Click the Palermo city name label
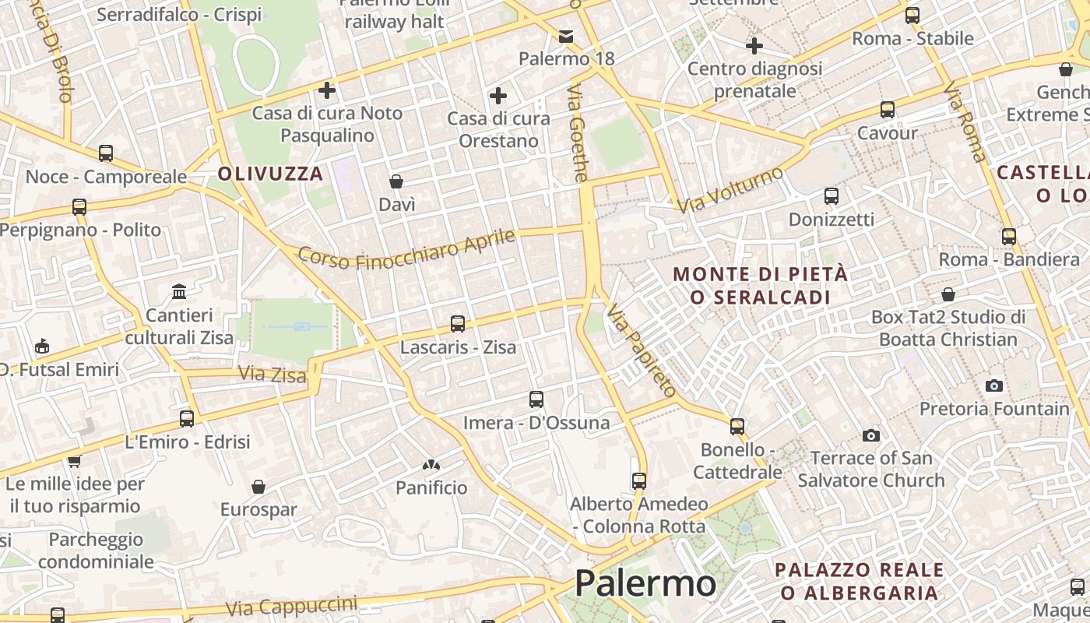(x=645, y=583)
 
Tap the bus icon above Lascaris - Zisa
(x=458, y=323)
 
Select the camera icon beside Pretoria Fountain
(x=993, y=385)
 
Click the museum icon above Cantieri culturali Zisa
(x=179, y=292)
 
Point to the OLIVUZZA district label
(x=270, y=174)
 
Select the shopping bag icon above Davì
(x=396, y=181)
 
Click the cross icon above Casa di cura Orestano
(x=498, y=96)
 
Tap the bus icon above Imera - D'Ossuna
(x=536, y=399)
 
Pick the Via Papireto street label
(x=642, y=351)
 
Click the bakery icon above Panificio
(x=431, y=465)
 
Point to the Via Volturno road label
(x=730, y=190)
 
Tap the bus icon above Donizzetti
(x=831, y=196)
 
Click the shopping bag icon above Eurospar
(x=258, y=487)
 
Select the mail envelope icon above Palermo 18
(x=566, y=36)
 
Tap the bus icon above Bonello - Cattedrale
(x=737, y=426)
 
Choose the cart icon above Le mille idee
(x=74, y=461)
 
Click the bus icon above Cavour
(x=887, y=110)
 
